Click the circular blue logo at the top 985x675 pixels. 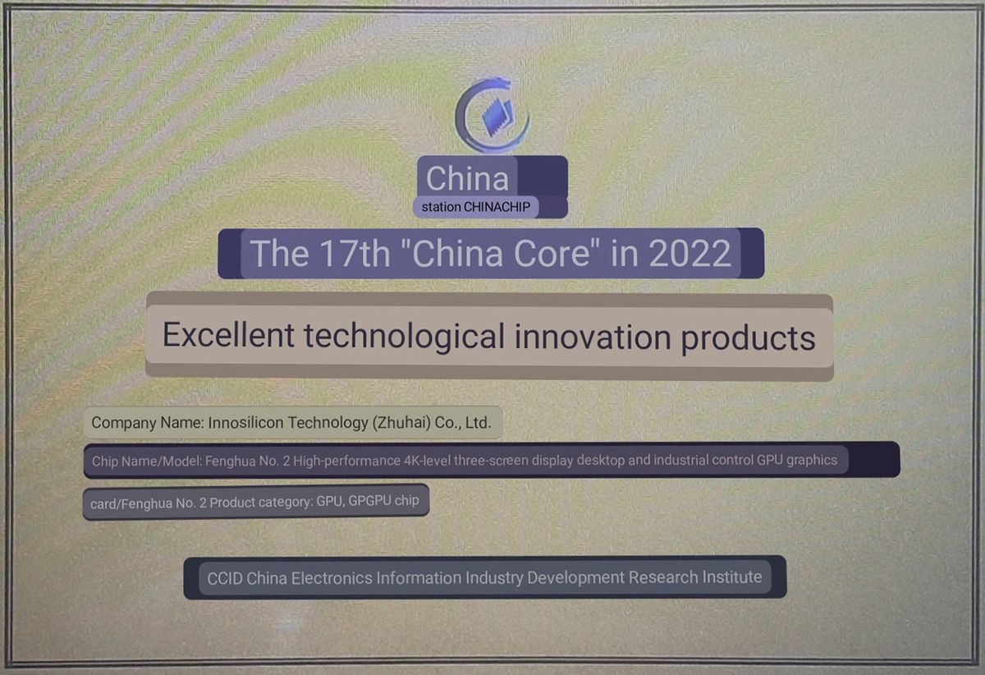pos(492,116)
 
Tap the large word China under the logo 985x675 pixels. pos(467,178)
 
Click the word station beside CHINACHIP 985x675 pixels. pos(441,207)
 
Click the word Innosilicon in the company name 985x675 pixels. pos(245,424)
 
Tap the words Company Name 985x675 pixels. pos(135,424)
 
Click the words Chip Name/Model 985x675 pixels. pos(140,461)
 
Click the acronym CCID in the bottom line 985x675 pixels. pos(224,578)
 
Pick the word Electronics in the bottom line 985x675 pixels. pos(332,578)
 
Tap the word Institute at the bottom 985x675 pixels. pos(731,577)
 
